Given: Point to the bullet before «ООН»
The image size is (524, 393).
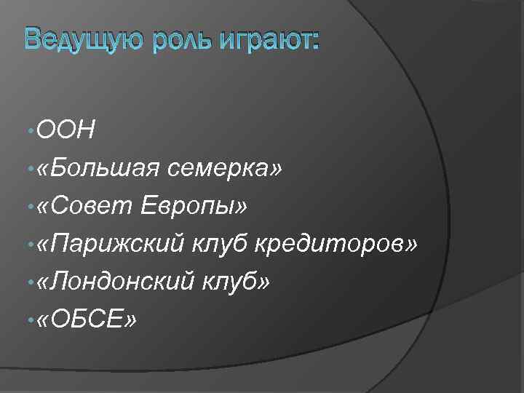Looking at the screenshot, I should [x=27, y=132].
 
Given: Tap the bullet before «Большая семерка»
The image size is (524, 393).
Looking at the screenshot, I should [x=27, y=170].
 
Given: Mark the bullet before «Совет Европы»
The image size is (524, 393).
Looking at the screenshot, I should [x=27, y=207].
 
